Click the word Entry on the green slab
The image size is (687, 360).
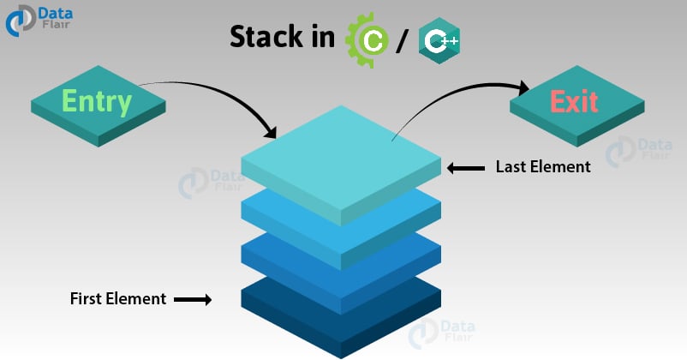[x=95, y=102]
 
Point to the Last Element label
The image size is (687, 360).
[x=543, y=167]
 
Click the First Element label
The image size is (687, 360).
[x=117, y=299]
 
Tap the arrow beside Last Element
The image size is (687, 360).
[x=466, y=168]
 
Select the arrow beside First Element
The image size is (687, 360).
[x=194, y=300]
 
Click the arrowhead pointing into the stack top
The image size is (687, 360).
[x=272, y=134]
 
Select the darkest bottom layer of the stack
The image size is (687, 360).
[x=341, y=321]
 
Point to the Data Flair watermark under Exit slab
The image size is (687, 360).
[x=630, y=153]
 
